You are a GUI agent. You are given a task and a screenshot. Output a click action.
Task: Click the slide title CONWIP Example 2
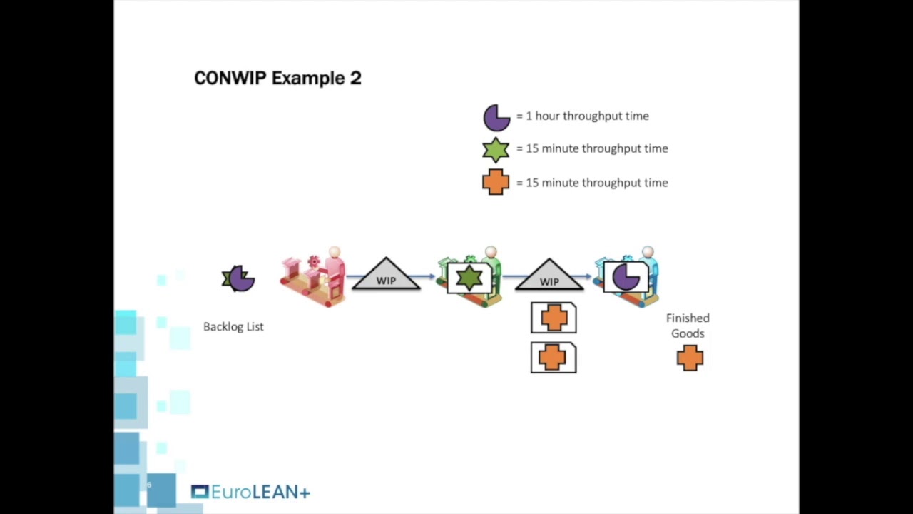277,78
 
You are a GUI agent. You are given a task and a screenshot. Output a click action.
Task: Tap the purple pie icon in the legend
496,117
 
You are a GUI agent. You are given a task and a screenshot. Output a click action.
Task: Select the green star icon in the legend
496,150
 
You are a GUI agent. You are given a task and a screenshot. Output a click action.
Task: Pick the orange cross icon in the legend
496,182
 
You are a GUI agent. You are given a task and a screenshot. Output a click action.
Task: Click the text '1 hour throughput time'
587,116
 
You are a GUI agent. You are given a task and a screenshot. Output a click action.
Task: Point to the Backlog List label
233,326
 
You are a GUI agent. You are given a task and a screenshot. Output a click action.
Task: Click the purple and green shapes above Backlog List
238,278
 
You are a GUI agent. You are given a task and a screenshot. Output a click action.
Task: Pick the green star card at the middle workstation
469,278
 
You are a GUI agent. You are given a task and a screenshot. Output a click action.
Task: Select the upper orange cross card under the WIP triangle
554,318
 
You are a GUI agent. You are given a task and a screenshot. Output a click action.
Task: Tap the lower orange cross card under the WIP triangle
554,358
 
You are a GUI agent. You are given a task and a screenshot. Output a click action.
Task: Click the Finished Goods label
688,326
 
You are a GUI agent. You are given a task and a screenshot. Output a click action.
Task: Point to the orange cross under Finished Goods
690,358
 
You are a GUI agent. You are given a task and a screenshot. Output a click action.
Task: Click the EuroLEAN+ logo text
260,492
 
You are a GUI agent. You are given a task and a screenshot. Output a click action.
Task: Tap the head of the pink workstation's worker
334,252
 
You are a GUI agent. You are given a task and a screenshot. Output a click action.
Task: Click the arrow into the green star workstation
428,276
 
